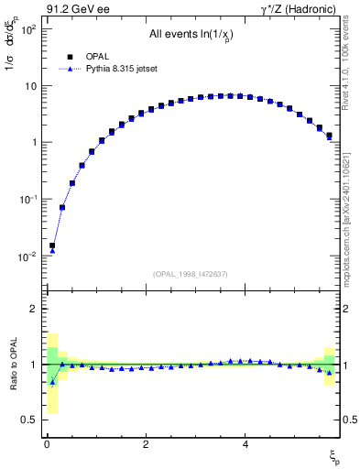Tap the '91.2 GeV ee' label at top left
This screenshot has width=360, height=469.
point(76,10)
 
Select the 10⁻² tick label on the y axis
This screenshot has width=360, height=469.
point(29,256)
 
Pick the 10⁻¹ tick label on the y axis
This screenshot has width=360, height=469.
point(29,200)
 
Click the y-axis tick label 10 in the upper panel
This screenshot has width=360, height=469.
point(31,86)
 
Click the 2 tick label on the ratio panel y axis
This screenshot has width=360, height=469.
point(34,310)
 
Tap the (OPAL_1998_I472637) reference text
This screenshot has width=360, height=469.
point(190,273)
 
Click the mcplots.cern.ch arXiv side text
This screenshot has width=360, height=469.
point(348,220)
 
